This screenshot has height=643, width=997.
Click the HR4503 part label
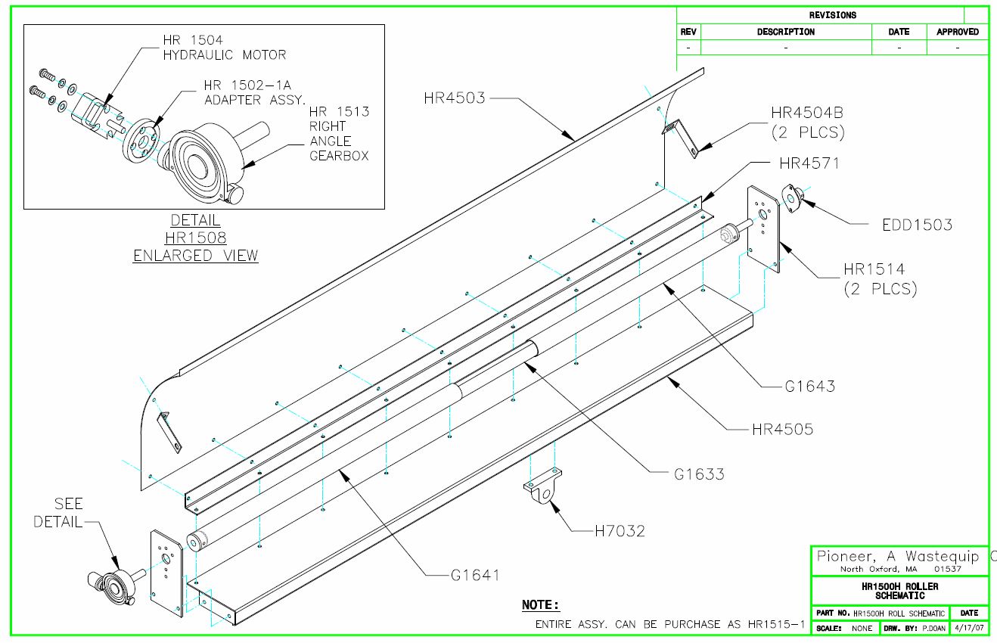click(x=454, y=98)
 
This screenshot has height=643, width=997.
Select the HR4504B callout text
click(x=807, y=113)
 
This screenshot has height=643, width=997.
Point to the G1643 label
click(x=809, y=387)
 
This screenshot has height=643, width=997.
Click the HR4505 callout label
click(x=782, y=429)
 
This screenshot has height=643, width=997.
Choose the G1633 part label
click(x=699, y=474)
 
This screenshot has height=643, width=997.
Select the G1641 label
click(x=474, y=575)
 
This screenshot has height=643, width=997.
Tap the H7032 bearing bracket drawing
click(x=543, y=489)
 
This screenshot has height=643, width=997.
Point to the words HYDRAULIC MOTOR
click(x=225, y=55)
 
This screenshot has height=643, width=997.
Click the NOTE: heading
click(x=541, y=605)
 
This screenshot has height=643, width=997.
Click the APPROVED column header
click(x=957, y=32)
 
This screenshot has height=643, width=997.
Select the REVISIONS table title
click(x=832, y=15)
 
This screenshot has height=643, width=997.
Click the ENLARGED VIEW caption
click(x=195, y=256)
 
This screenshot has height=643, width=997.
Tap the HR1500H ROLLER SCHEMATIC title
click(x=899, y=591)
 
